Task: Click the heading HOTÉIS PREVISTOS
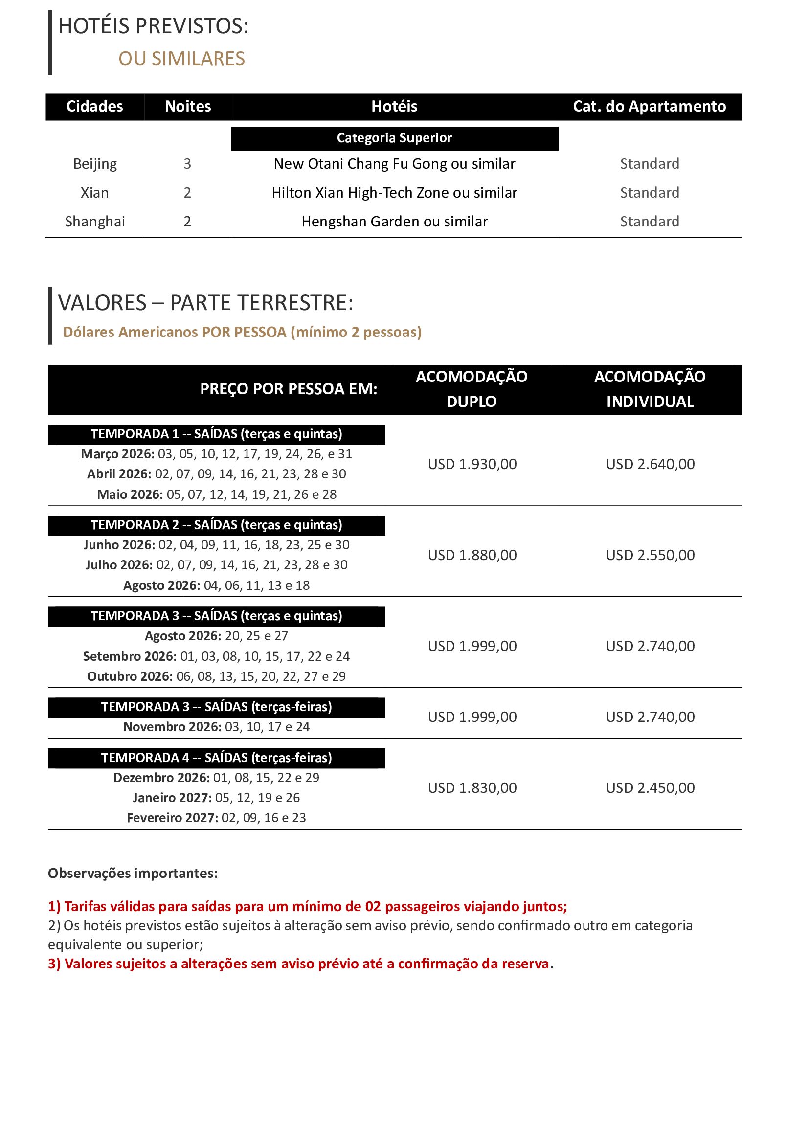point(154,26)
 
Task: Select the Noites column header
point(188,107)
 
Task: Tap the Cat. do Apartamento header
point(649,107)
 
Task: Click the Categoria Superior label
point(394,138)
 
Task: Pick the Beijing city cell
point(95,164)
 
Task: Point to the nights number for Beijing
point(187,164)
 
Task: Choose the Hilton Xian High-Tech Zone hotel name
point(394,193)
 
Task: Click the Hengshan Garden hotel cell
point(394,222)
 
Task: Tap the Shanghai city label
point(95,222)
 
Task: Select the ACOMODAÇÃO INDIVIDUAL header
point(650,389)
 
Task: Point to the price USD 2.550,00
point(650,555)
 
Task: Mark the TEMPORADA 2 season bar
point(216,525)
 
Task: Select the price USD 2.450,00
point(650,788)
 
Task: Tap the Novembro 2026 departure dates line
point(216,727)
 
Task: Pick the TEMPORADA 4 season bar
point(216,758)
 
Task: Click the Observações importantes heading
point(133,874)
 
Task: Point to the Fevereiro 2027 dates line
point(216,818)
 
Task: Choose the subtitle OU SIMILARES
point(181,59)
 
